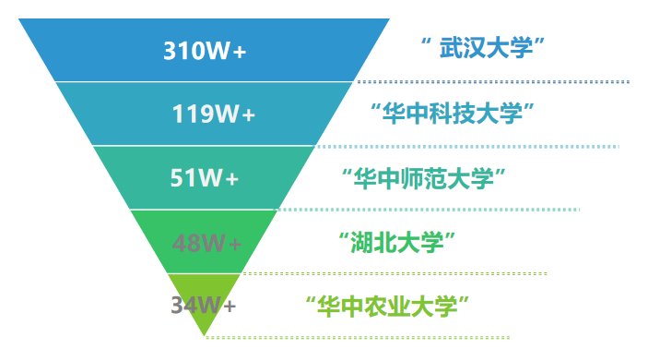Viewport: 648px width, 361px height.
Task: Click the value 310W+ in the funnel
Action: pyautogui.click(x=205, y=50)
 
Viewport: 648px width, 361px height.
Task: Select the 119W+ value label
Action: pyautogui.click(x=213, y=114)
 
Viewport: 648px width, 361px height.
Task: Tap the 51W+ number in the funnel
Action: pyautogui.click(x=204, y=178)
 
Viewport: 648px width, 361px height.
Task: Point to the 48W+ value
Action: pyautogui.click(x=206, y=243)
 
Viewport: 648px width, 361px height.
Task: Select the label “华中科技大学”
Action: pyautogui.click(x=453, y=114)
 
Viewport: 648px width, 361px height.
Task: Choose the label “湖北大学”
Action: pyautogui.click(x=398, y=242)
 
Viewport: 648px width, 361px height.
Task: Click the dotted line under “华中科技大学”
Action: pyautogui.click(x=470, y=146)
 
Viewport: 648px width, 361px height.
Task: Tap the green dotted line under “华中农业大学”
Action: pyautogui.click(x=369, y=337)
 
